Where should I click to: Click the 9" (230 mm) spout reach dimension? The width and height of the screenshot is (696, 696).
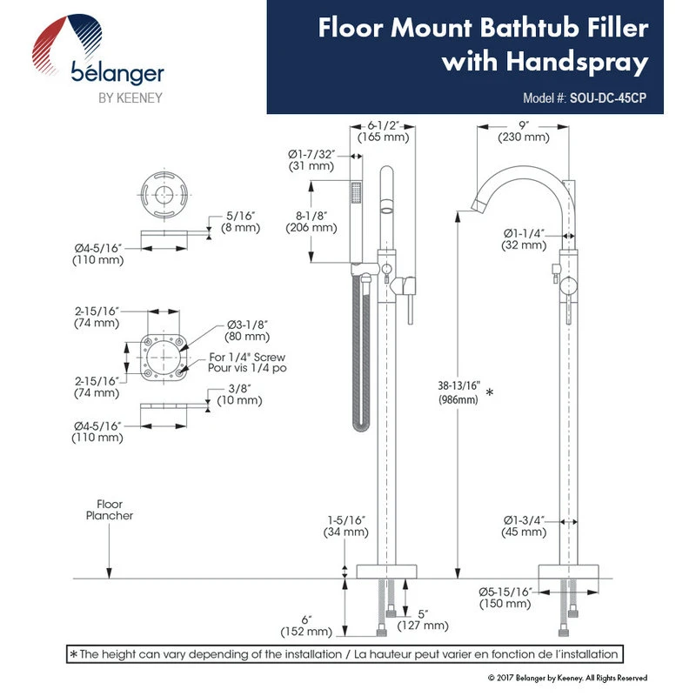coord(523,130)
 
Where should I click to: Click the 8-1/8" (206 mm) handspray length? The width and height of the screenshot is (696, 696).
coord(311,220)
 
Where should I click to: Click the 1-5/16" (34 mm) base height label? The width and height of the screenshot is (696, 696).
coord(345,525)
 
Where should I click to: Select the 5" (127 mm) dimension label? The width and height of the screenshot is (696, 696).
coord(423,619)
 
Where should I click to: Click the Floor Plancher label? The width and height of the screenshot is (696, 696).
coord(109,509)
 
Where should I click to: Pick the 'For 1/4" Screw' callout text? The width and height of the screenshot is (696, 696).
coord(247,357)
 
